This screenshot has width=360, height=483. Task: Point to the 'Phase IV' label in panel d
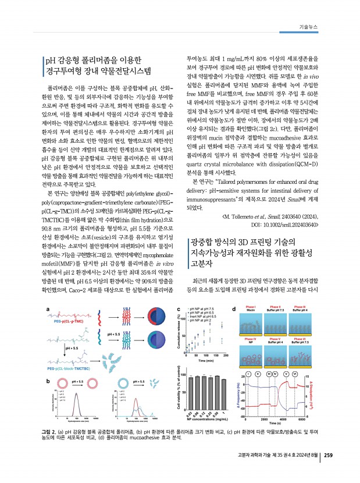tap(252, 339)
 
